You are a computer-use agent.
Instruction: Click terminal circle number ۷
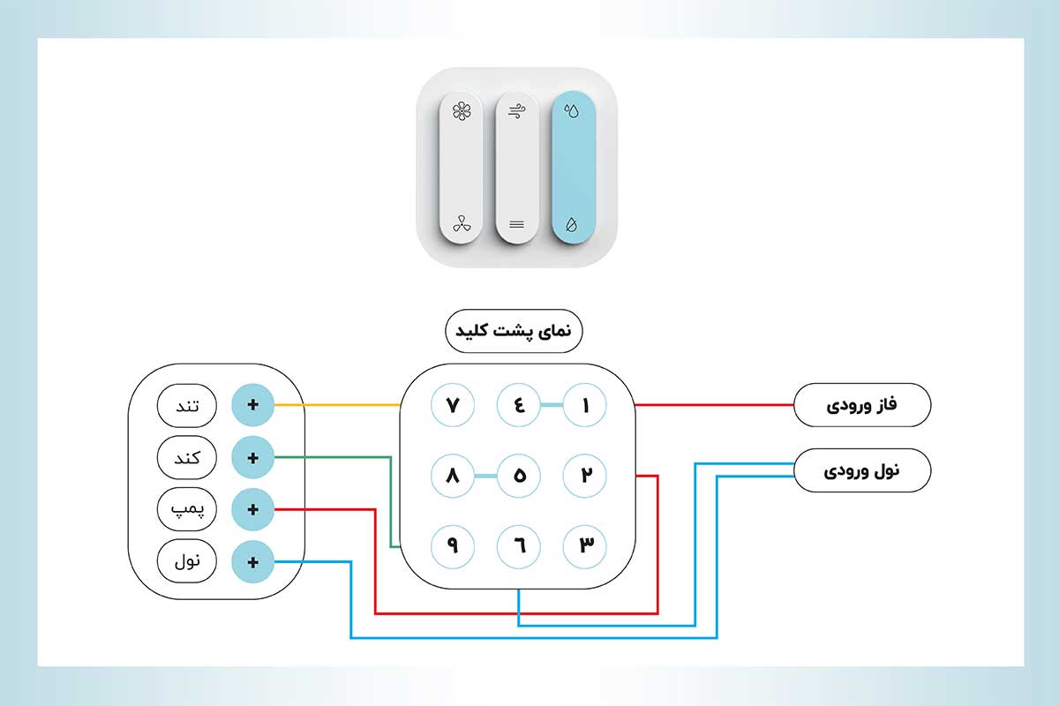coord(453,406)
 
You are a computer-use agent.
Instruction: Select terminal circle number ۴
coord(519,406)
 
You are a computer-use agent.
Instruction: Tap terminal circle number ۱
coord(585,406)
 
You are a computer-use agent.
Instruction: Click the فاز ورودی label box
coord(862,406)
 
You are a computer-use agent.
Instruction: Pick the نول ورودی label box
coord(862,470)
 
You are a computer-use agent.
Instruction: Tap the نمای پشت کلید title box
coord(513,332)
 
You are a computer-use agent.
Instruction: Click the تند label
coord(186,406)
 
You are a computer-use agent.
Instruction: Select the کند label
coord(186,458)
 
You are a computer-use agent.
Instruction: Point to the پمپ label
coord(186,509)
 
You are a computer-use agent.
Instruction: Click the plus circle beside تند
coord(252,406)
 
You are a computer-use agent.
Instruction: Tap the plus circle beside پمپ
coord(252,509)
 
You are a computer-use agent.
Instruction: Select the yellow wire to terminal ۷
coord(340,406)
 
